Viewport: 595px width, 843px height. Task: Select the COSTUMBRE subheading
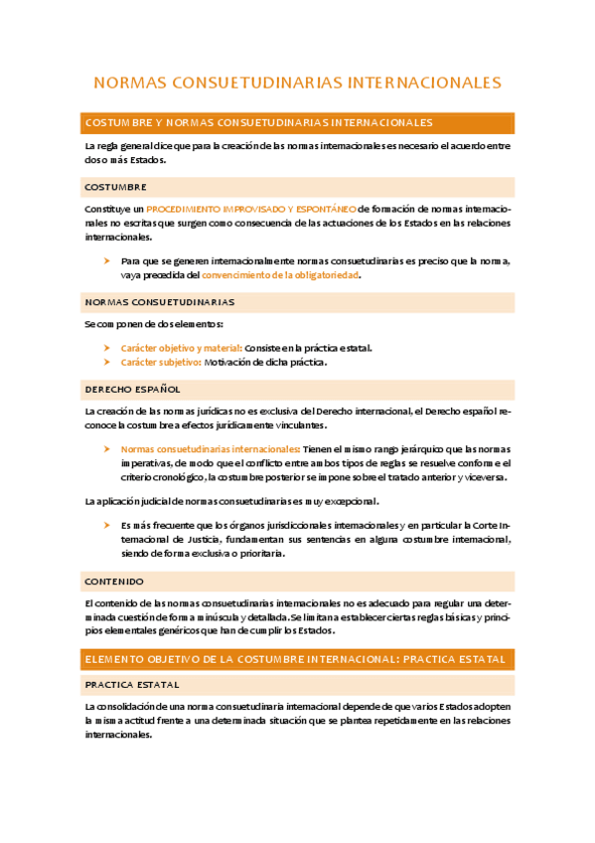point(116,187)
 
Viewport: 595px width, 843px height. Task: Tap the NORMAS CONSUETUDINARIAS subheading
point(159,301)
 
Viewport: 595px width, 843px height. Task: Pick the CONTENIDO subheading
point(114,581)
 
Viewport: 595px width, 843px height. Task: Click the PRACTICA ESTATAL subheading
point(131,684)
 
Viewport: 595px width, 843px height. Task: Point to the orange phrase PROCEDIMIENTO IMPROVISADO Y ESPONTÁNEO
point(250,210)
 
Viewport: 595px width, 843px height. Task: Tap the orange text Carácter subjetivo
point(160,362)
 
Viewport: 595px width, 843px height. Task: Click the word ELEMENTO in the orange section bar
point(117,659)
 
